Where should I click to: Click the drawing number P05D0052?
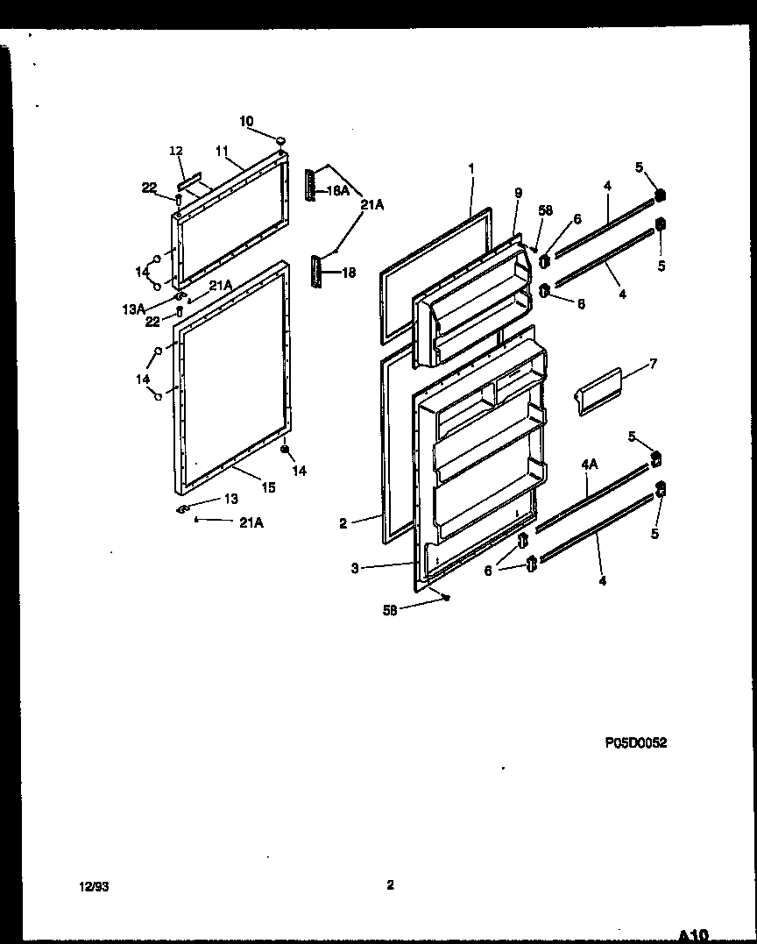[635, 742]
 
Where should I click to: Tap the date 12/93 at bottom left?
[94, 887]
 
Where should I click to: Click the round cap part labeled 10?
[281, 140]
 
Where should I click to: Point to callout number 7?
[653, 363]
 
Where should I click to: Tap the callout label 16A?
[338, 190]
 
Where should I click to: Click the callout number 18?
[348, 273]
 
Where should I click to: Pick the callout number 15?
[268, 488]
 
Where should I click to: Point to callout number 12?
[175, 152]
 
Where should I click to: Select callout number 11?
[221, 151]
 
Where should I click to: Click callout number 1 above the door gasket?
[470, 167]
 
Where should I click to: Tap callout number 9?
[518, 192]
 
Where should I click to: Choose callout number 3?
[355, 568]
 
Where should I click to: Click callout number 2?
[343, 524]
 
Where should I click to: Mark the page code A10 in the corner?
[692, 934]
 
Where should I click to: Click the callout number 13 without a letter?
[230, 499]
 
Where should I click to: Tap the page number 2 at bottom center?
[390, 885]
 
